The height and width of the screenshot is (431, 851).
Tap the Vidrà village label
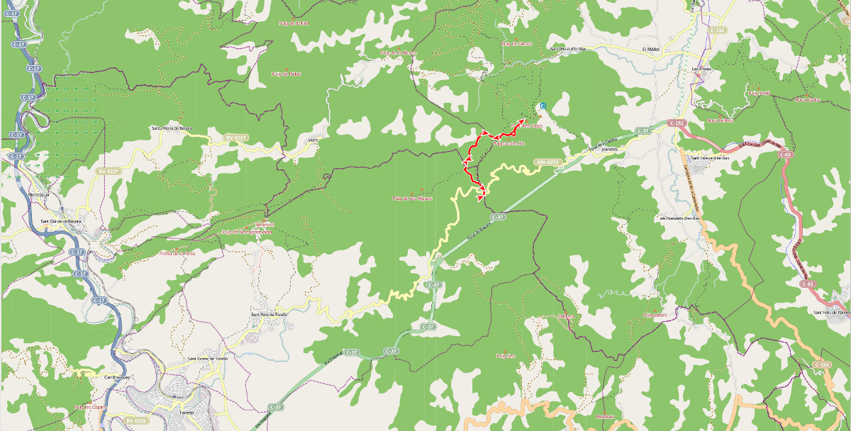click(312, 140)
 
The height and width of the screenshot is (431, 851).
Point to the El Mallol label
click(650, 49)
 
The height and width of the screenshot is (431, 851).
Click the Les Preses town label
click(701, 69)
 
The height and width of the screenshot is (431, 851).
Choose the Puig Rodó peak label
click(758, 93)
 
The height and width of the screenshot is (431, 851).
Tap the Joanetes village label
click(610, 150)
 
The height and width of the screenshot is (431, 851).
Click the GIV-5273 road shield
click(548, 162)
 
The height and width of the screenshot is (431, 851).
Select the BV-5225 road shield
click(135, 420)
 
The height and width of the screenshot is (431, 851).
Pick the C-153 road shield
click(821, 364)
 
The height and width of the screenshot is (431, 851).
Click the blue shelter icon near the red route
click(543, 106)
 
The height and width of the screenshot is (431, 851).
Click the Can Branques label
click(116, 376)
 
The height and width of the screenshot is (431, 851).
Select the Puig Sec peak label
click(504, 356)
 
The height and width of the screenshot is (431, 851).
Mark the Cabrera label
click(564, 316)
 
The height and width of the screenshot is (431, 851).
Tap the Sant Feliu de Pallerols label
click(831, 312)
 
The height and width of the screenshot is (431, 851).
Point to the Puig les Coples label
click(89, 408)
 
